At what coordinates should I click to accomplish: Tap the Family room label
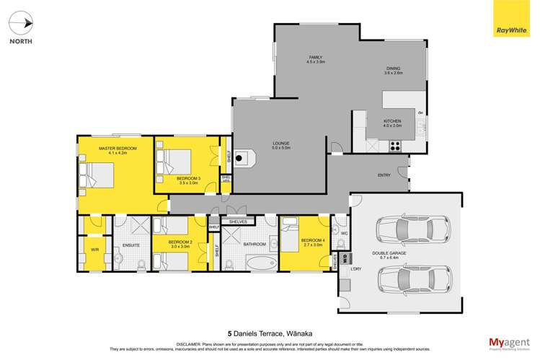point(316,59)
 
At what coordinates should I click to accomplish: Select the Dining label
point(393,71)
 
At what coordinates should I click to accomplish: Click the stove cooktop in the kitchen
point(395,144)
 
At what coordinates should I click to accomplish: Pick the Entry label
point(384,175)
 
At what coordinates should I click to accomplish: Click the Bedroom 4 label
point(311,241)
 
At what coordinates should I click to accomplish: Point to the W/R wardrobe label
point(94,250)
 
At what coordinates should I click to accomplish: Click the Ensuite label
point(131,245)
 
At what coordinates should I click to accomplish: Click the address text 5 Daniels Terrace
point(270,333)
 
